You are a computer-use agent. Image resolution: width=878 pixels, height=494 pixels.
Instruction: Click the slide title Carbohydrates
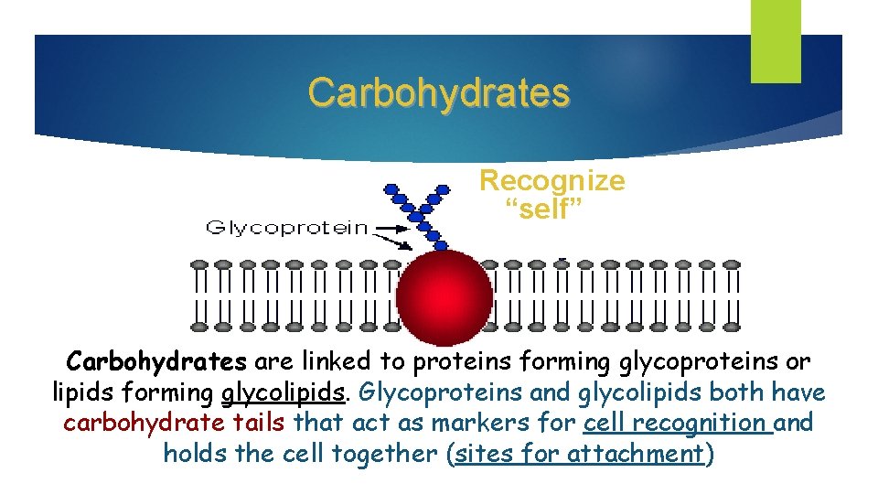[438, 92]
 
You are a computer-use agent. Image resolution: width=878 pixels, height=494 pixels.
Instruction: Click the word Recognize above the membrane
[552, 180]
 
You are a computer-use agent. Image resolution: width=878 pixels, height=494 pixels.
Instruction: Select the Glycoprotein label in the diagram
[288, 228]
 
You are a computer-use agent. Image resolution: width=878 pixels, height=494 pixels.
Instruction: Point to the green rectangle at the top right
[776, 40]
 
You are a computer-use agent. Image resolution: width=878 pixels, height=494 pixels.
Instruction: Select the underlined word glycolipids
[284, 393]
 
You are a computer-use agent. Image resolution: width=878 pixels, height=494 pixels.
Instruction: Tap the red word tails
[261, 424]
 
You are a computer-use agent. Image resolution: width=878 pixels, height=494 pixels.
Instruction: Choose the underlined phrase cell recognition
[675, 424]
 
